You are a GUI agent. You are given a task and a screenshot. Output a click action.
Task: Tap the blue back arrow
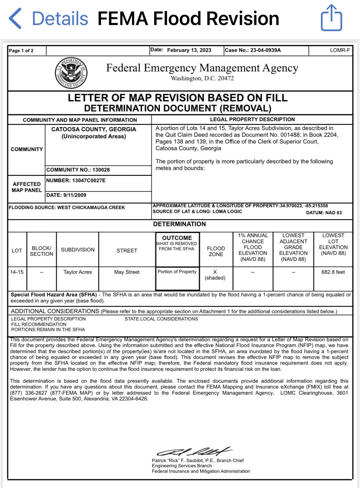coord(15,19)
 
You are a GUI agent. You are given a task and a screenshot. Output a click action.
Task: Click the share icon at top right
coord(331,18)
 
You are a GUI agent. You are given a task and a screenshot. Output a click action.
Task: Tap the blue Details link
coord(60,19)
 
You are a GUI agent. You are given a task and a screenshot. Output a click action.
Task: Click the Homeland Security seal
coord(71,73)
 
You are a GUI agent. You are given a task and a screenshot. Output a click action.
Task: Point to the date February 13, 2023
coord(189,50)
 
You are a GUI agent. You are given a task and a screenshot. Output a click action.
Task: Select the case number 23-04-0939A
coord(265,50)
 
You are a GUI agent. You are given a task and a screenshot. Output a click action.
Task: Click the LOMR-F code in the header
coord(340,50)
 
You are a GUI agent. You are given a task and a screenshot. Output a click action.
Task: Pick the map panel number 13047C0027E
coord(89,181)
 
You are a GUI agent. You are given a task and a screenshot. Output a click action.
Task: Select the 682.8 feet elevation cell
coord(333,272)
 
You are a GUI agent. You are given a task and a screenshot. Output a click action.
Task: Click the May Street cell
coord(127,272)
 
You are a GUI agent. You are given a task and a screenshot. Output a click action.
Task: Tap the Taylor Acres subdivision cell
coord(78,272)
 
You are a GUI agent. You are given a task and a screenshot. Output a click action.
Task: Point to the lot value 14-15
coord(17,272)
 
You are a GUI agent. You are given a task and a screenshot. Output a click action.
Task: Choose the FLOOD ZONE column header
coord(216,251)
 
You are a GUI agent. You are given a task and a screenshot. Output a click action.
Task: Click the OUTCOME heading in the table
coord(177,238)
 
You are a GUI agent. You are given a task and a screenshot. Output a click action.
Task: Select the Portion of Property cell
coord(177,272)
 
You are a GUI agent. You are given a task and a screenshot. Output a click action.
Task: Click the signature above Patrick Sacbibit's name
coord(194,451)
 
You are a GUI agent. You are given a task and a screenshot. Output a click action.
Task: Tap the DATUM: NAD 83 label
coord(324,213)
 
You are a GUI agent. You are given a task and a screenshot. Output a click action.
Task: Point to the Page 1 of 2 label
coord(21,51)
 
